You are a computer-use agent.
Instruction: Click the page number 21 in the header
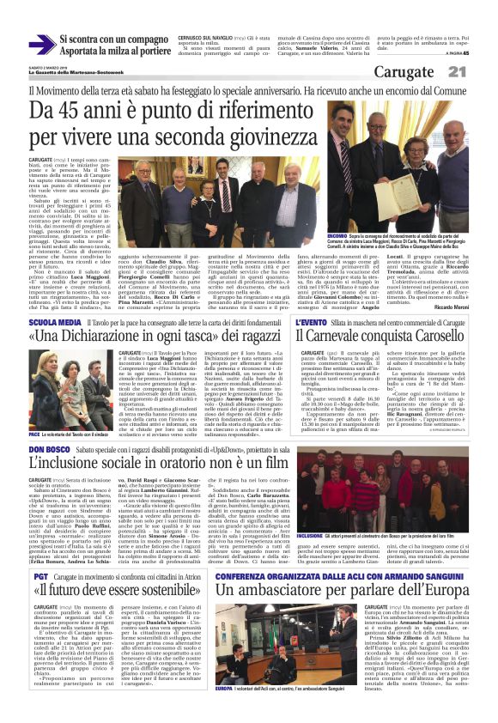click(x=479, y=74)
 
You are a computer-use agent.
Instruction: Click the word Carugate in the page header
click(x=424, y=74)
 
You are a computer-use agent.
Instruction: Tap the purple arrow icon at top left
click(x=40, y=43)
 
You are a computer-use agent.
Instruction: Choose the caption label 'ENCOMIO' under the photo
click(x=337, y=235)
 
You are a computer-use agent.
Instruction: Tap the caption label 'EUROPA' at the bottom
click(x=225, y=711)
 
